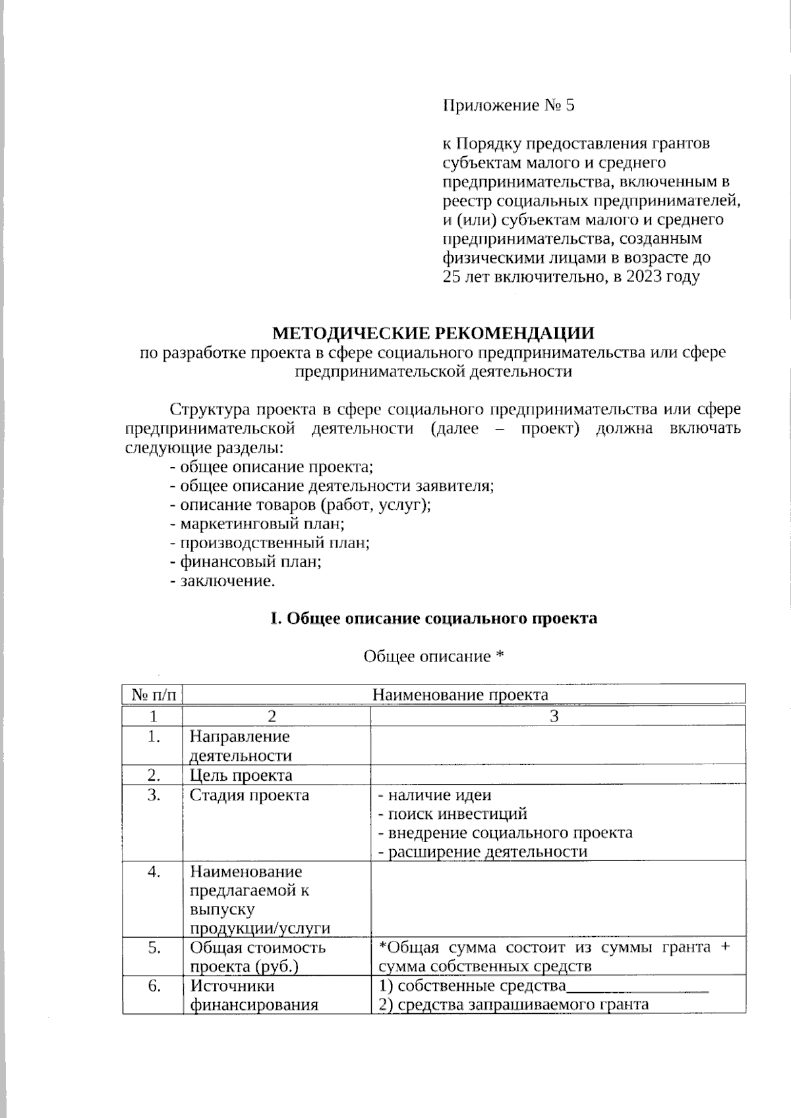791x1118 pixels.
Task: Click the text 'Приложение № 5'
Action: (x=508, y=105)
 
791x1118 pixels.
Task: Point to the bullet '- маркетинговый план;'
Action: (x=258, y=524)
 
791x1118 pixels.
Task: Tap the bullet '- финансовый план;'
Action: (x=246, y=563)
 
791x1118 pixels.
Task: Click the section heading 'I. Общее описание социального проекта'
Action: (x=434, y=619)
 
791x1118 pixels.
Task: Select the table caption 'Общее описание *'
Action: (x=434, y=656)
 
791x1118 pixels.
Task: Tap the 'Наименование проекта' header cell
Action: (x=460, y=695)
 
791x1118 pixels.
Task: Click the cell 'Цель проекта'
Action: (x=241, y=775)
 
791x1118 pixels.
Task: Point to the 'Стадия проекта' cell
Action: (x=250, y=795)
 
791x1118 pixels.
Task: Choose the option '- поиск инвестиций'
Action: (x=452, y=814)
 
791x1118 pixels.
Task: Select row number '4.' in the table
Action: (x=154, y=872)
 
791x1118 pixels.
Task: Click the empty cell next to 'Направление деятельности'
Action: (x=557, y=745)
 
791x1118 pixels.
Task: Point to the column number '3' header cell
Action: (x=554, y=716)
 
